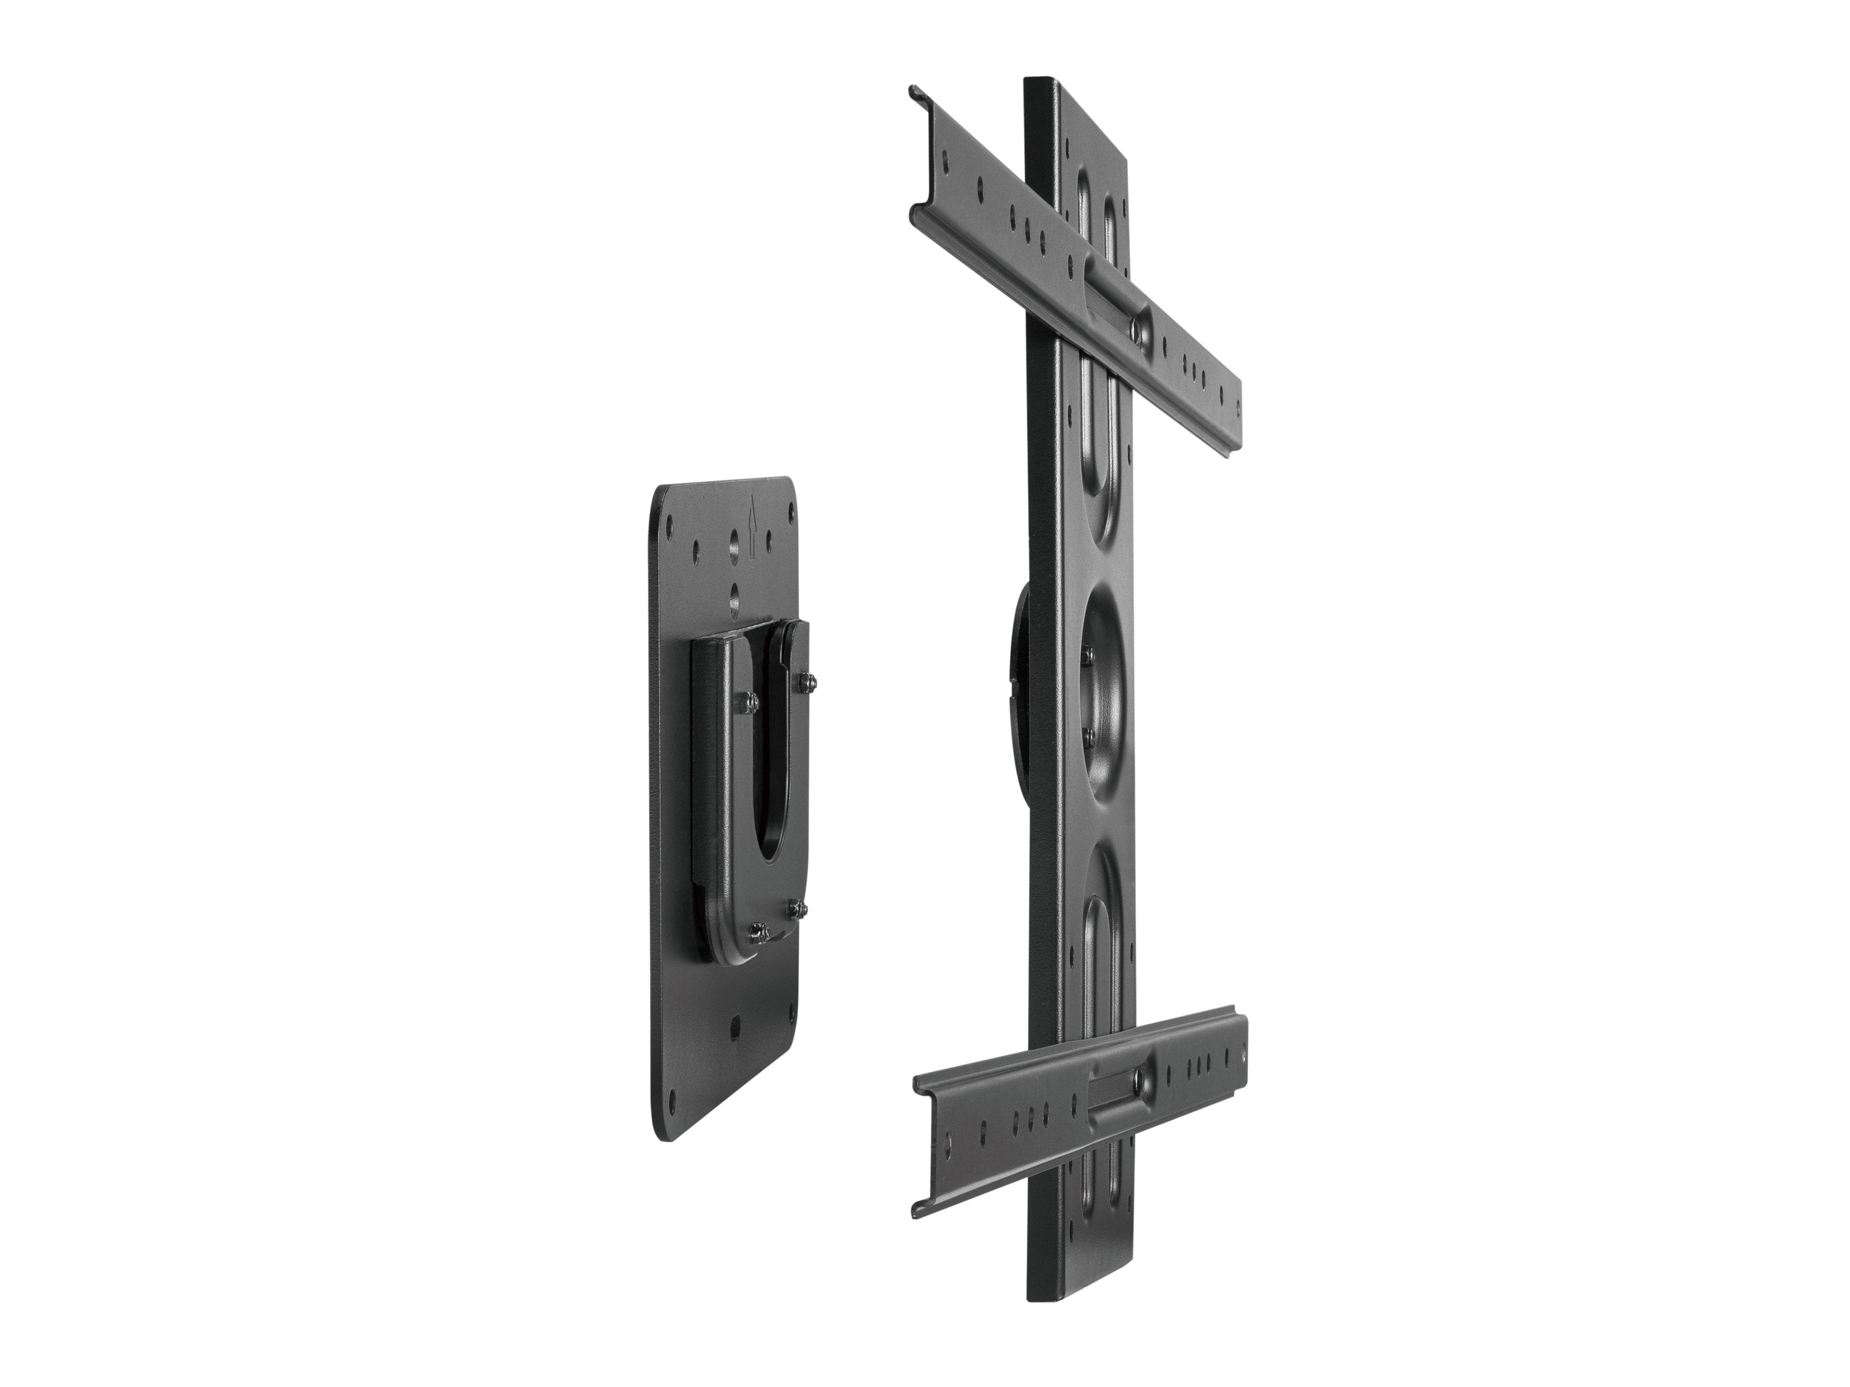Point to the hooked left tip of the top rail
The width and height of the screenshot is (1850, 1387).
[x=917, y=90]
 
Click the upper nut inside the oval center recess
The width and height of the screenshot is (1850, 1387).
[x=1088, y=634]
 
